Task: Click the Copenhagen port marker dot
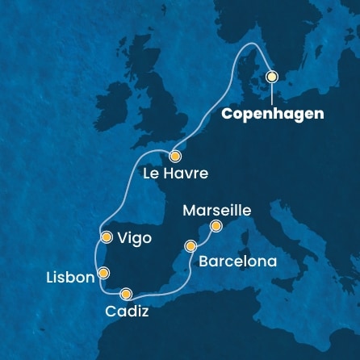point(272,77)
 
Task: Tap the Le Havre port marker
point(175,156)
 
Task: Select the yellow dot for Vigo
point(107,237)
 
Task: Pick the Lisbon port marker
point(102,272)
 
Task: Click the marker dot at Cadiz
point(126,294)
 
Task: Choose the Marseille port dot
point(216,227)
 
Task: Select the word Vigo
point(134,240)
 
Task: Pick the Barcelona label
point(237,262)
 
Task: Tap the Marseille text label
point(217,210)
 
